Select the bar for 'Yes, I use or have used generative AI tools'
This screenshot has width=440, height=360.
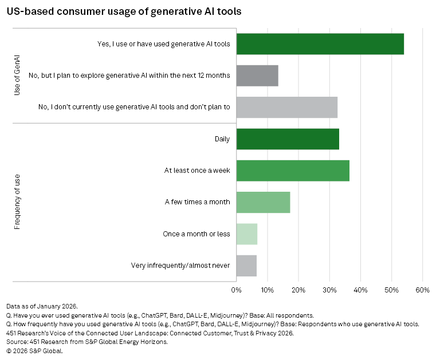pyautogui.click(x=320, y=43)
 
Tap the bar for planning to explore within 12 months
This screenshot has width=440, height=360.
pyautogui.click(x=257, y=76)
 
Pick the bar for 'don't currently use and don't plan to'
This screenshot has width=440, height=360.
pyautogui.click(x=286, y=107)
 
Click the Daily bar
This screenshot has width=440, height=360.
pyautogui.click(x=288, y=139)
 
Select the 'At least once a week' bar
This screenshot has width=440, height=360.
pyautogui.click(x=293, y=171)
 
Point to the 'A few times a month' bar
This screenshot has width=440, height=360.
pyautogui.click(x=263, y=202)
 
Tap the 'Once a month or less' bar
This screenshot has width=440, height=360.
pyautogui.click(x=246, y=234)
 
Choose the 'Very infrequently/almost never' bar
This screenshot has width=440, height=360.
pyautogui.click(x=246, y=266)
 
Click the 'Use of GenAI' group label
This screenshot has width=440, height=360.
pyautogui.click(x=17, y=76)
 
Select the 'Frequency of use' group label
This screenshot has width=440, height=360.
pyautogui.click(x=17, y=203)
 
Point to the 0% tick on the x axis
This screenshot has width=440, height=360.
pyautogui.click(x=236, y=290)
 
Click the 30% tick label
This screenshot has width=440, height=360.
pyautogui.click(x=329, y=290)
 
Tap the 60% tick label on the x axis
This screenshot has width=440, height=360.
pyautogui.click(x=422, y=290)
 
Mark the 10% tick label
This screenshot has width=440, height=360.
pyautogui.click(x=267, y=290)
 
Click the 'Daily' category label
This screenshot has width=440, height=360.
pyautogui.click(x=221, y=139)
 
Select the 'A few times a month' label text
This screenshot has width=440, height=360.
pyautogui.click(x=197, y=202)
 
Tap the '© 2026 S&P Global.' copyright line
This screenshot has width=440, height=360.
pyautogui.click(x=34, y=351)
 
